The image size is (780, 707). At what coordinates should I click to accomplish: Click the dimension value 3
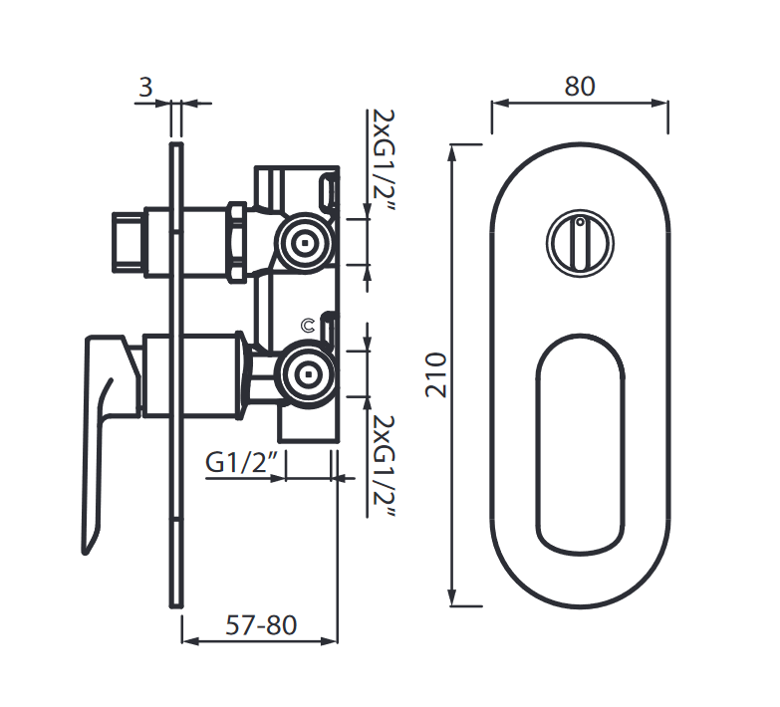[145, 88]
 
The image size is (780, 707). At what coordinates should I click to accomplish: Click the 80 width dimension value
[579, 87]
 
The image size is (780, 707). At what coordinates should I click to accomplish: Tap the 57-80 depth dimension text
[261, 625]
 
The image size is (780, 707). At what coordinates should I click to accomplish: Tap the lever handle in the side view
[105, 418]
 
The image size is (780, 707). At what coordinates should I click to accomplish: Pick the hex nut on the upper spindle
[237, 241]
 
